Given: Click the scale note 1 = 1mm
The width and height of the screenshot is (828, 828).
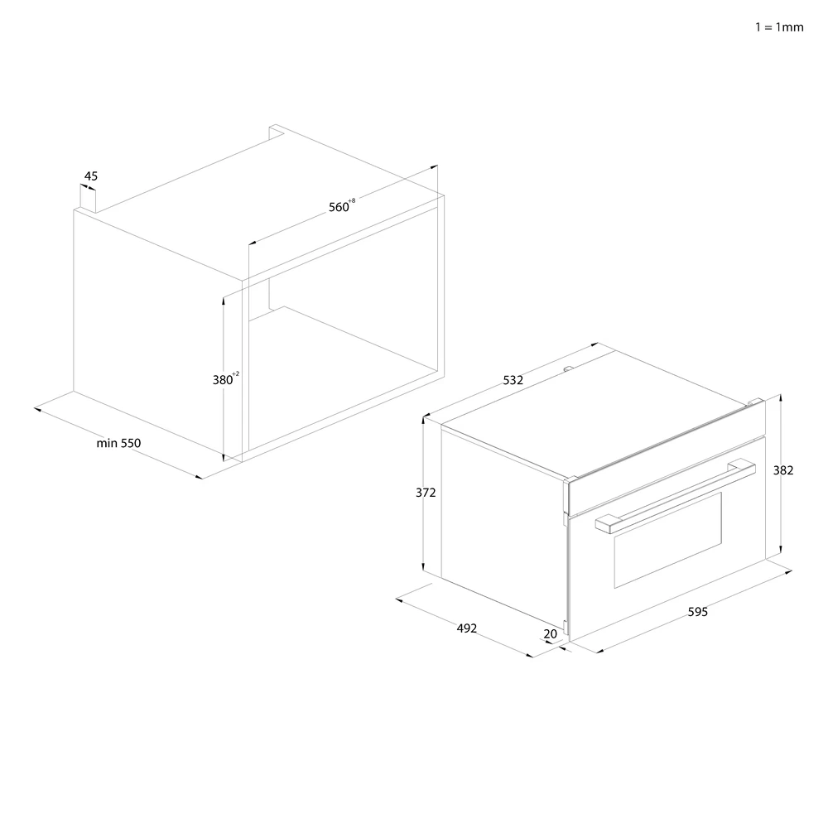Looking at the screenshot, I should [x=779, y=27].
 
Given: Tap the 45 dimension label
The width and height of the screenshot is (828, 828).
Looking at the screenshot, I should [x=91, y=176].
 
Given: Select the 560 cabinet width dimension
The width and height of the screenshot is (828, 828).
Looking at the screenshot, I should [x=339, y=207].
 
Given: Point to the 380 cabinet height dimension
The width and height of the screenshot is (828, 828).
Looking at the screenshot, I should [x=223, y=380].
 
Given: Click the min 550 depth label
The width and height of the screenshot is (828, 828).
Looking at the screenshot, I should [x=118, y=443].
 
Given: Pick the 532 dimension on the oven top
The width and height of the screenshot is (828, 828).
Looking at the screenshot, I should [x=513, y=380].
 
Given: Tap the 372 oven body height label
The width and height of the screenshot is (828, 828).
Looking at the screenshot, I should [x=426, y=492].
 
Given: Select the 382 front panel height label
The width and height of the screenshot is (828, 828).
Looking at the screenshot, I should [x=783, y=470].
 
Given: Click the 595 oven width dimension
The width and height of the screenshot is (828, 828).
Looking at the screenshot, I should [x=697, y=613].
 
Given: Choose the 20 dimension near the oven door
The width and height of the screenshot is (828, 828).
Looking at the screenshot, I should [x=551, y=634].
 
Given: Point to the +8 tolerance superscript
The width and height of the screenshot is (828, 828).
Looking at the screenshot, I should [x=352, y=201].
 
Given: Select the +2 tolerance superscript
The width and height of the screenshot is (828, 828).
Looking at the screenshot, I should [x=236, y=374].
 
